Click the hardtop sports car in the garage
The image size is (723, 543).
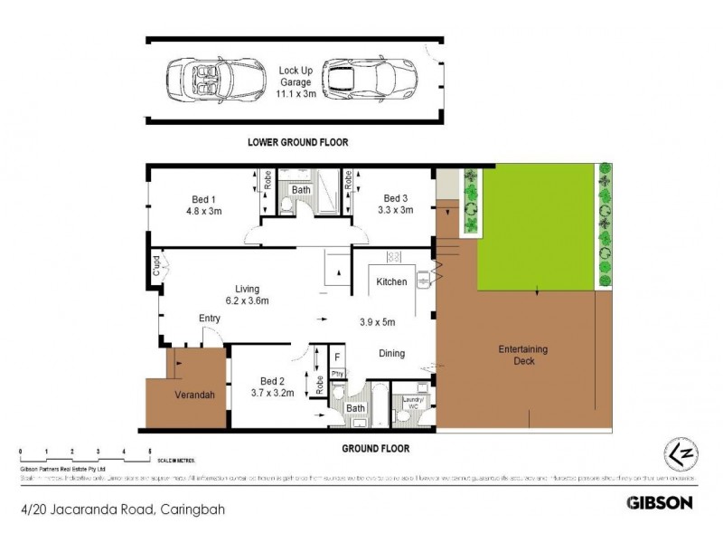[x=366, y=79]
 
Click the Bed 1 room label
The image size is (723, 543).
[x=203, y=205]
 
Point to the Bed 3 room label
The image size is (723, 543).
[x=396, y=205]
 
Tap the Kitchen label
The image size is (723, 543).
[x=390, y=282]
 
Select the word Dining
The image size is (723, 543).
[x=391, y=354]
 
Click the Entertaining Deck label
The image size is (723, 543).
[x=523, y=356]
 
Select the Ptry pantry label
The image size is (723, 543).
[x=337, y=373]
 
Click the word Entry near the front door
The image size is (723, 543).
[x=210, y=319]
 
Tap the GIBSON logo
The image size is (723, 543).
[x=660, y=502]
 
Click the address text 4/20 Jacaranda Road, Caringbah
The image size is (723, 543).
[x=121, y=510]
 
